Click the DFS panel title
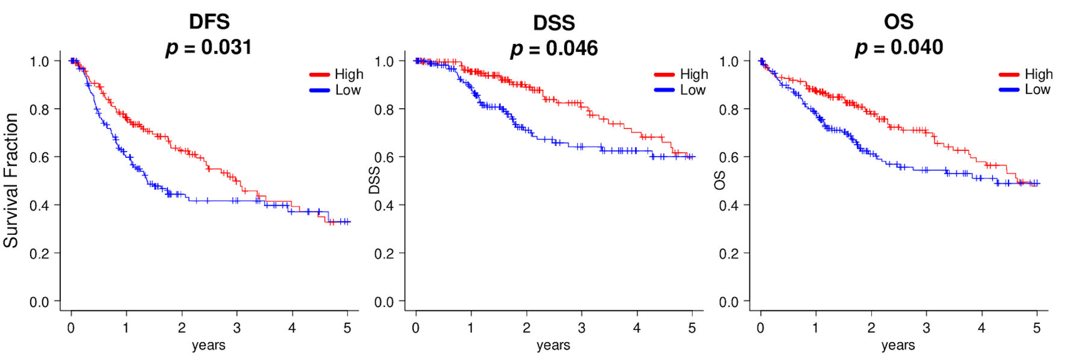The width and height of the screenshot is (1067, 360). [x=209, y=22]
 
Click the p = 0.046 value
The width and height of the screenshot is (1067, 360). [x=554, y=48]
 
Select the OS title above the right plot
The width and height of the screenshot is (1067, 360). [x=898, y=22]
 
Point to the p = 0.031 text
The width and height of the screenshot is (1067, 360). [x=209, y=47]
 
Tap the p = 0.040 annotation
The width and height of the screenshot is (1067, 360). [x=899, y=47]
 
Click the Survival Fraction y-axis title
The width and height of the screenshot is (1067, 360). [x=11, y=181]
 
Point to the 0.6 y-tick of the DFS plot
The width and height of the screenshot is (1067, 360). [x=40, y=157]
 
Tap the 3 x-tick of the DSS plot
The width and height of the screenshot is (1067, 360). [x=582, y=328]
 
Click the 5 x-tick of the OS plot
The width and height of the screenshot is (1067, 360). [x=1037, y=328]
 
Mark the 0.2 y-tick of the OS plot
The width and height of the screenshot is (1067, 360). [x=729, y=253]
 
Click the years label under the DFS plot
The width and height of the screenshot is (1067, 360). [x=208, y=346]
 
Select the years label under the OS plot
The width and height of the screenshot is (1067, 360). [x=898, y=346]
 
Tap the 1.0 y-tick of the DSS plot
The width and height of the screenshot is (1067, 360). [x=384, y=61]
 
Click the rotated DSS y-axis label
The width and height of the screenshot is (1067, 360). [x=375, y=181]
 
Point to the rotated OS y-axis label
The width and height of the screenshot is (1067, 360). [x=720, y=180]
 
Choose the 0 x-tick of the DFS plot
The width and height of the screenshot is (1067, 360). [x=71, y=328]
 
